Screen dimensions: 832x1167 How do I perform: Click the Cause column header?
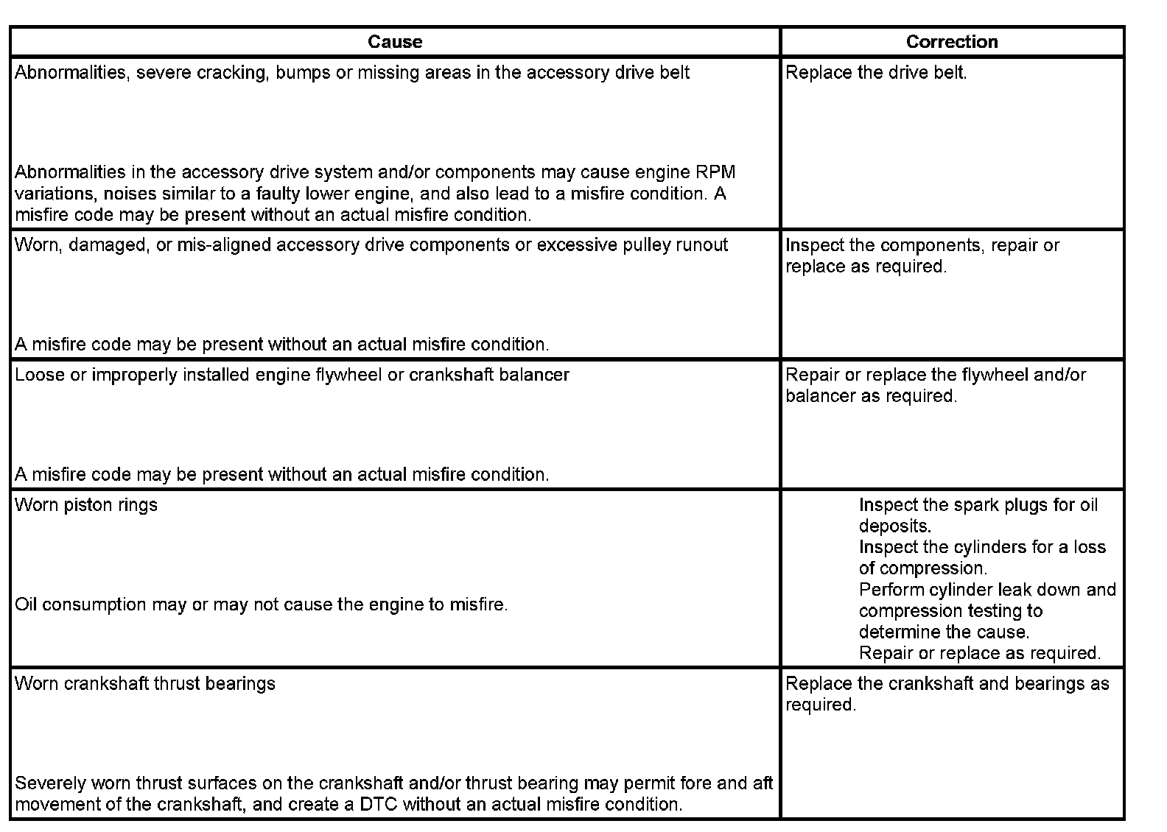coord(395,42)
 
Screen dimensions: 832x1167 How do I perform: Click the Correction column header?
coord(952,42)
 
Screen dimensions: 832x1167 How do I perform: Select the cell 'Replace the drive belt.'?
coord(876,73)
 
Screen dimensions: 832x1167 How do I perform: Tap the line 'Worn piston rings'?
coord(86,505)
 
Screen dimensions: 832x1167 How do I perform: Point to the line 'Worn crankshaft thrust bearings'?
coord(145,684)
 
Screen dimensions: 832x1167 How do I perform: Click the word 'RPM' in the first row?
coord(715,172)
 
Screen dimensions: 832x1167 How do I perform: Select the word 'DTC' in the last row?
coord(379,804)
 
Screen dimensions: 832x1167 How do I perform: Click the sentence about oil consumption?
coord(262,605)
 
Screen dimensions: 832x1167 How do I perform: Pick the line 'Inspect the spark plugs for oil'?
coord(978,505)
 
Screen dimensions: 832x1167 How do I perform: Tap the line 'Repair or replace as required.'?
coord(980,653)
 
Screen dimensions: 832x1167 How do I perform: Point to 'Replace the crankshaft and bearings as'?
coord(947,684)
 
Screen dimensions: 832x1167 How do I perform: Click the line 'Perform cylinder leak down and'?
coord(987,590)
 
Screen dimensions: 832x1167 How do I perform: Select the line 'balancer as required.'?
coord(871,396)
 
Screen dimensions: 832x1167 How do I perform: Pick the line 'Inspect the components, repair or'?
coord(922,245)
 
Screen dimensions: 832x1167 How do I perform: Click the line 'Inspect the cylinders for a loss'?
coord(982,547)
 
